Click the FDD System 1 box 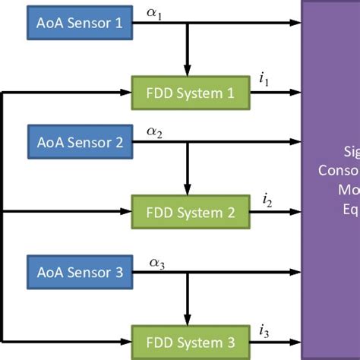(190, 92)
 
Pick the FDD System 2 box (190, 212)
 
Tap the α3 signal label (156, 262)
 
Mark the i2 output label (267, 201)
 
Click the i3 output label (264, 330)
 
